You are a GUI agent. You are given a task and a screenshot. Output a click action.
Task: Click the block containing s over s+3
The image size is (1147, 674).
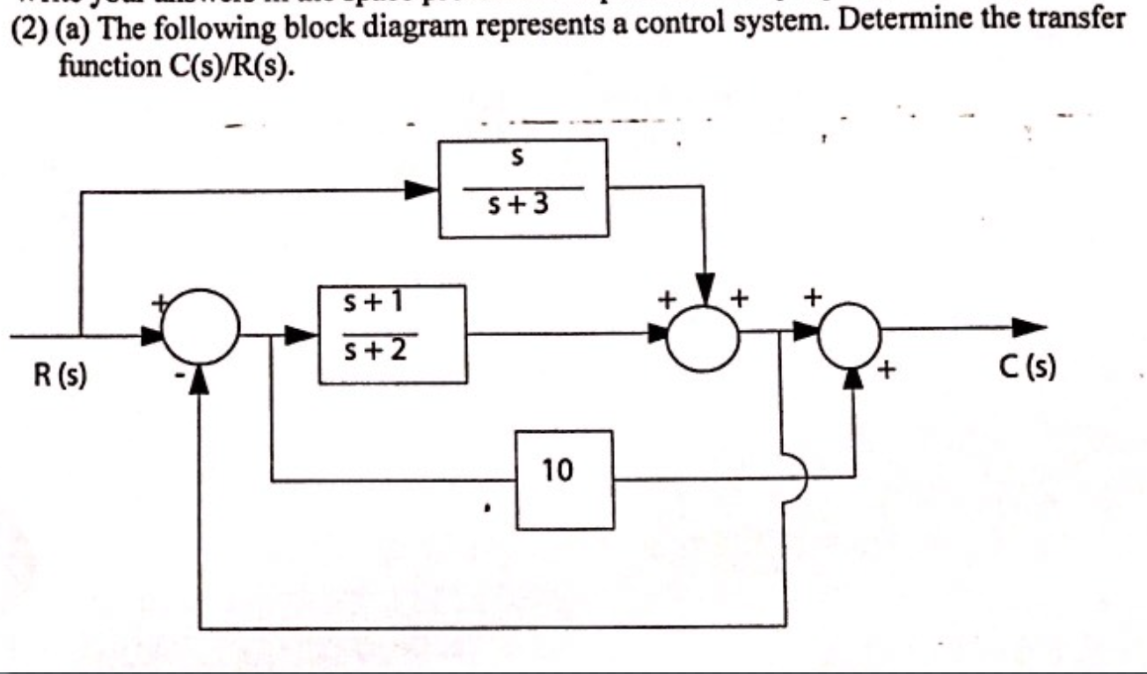point(522,187)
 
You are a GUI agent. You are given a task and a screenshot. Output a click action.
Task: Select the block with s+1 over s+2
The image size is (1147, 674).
point(392,333)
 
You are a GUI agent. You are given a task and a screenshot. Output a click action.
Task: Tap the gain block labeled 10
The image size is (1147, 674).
point(564,479)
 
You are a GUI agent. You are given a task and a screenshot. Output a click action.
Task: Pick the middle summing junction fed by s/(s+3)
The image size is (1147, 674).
point(704,334)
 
